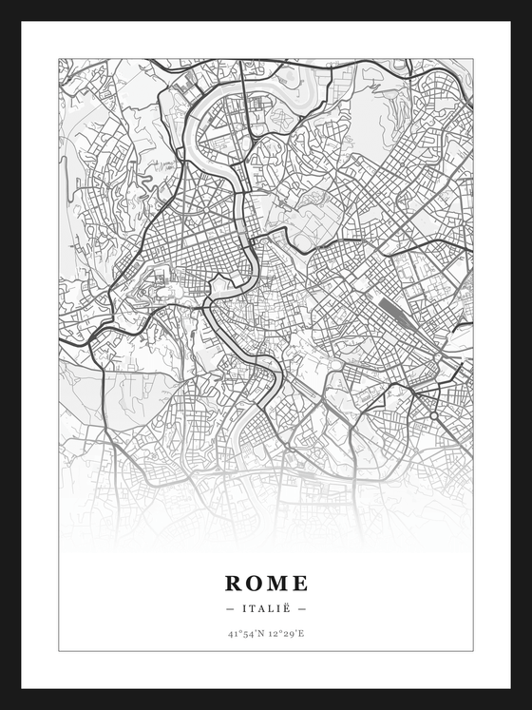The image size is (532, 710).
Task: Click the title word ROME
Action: (x=266, y=583)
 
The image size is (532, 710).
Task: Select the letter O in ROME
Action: (x=255, y=583)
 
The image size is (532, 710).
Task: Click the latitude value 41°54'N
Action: (x=244, y=632)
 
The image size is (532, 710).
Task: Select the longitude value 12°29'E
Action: (x=286, y=632)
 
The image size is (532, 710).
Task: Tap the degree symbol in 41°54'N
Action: (x=237, y=630)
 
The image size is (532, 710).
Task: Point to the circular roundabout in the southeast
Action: (x=434, y=415)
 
